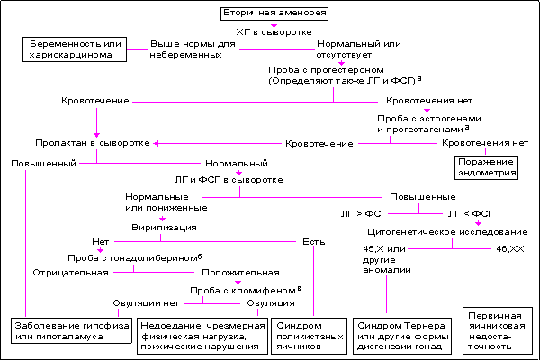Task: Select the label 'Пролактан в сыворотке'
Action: pyautogui.click(x=93, y=143)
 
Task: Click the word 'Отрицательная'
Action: pyautogui.click(x=64, y=272)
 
